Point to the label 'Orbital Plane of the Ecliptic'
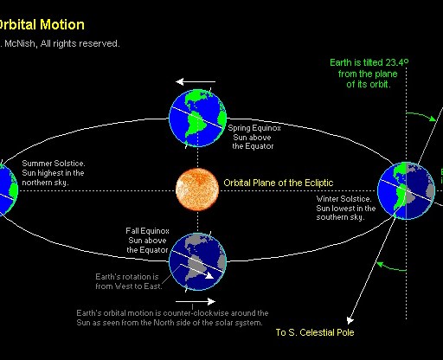coord(278,183)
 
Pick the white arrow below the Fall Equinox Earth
coord(198,297)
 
